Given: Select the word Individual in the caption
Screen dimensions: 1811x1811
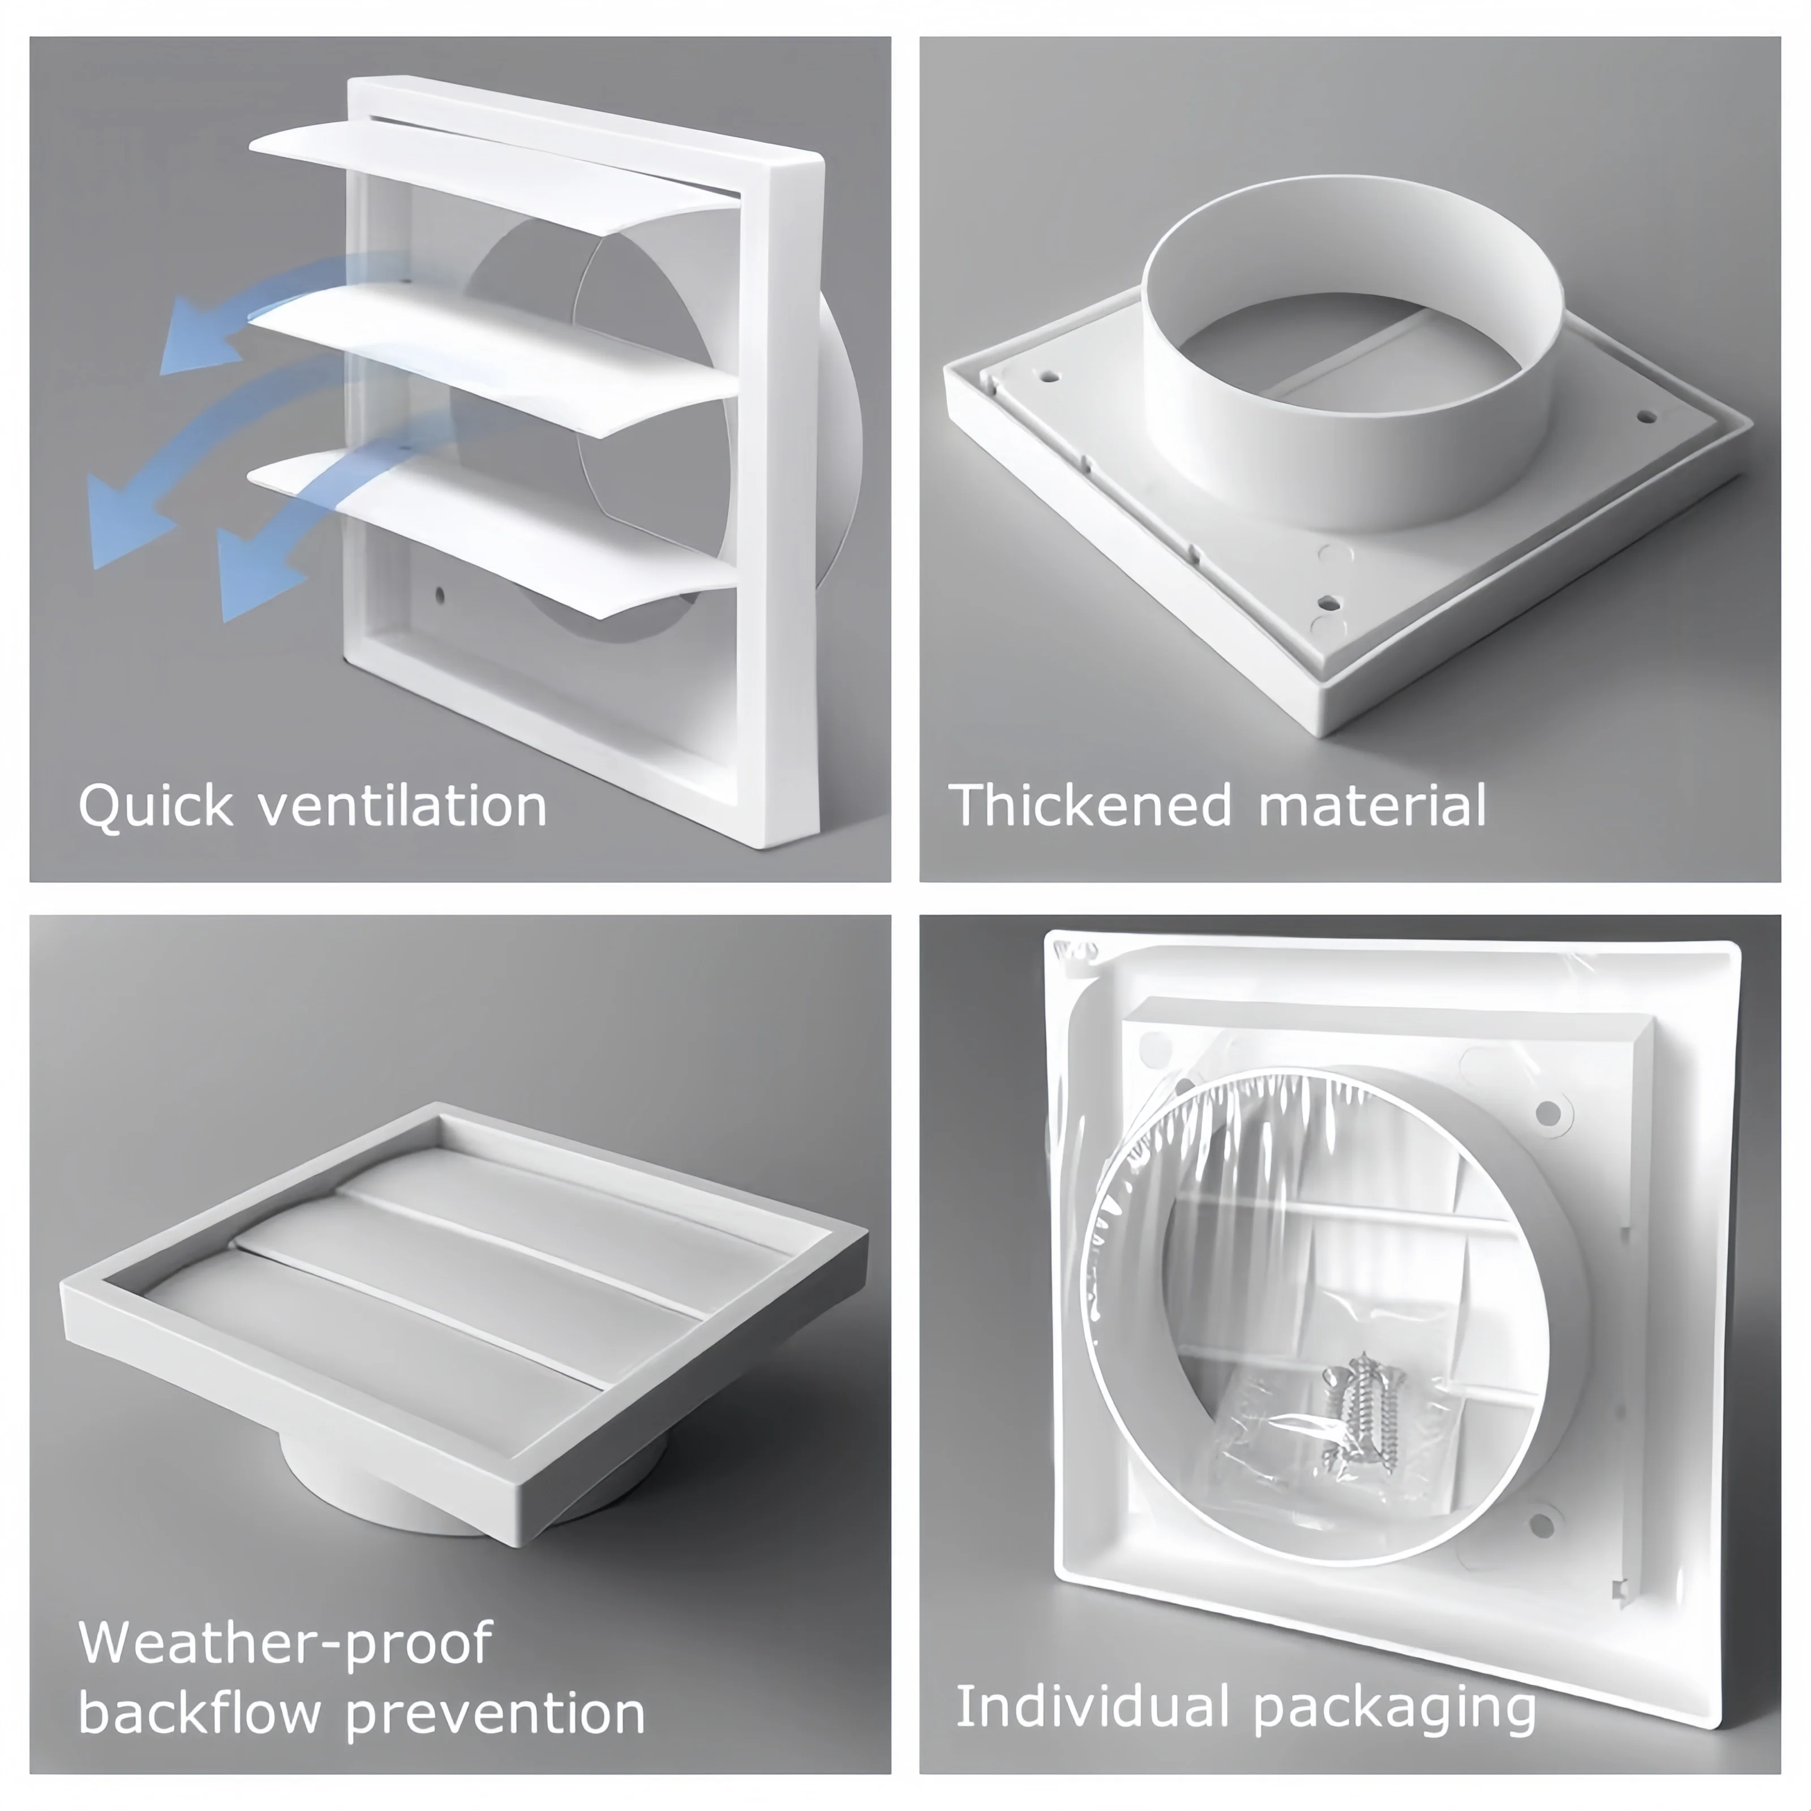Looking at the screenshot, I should tap(1092, 1706).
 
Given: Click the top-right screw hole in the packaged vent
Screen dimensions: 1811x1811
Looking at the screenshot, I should tap(1548, 1114).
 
